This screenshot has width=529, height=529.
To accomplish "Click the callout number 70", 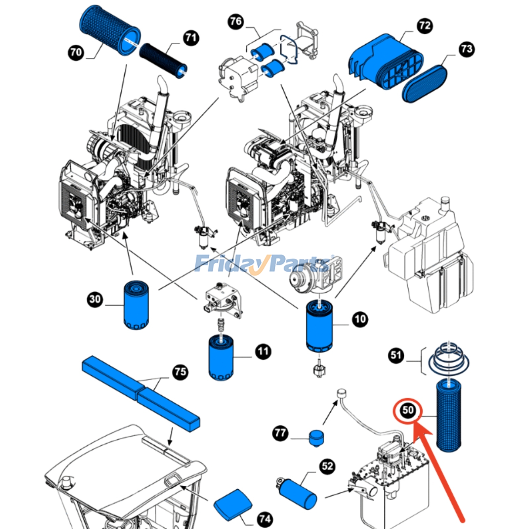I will pos(76,52).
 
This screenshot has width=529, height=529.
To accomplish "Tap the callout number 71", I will pos(191,38).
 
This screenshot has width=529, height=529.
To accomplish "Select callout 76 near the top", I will pos(236,21).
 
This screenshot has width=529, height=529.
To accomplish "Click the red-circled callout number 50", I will pos(408,410).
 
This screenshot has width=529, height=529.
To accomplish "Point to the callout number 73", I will pos(467,49).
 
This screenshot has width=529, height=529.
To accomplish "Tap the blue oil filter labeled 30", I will pos(136,305).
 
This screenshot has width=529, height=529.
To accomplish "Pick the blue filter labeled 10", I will pos(319,326).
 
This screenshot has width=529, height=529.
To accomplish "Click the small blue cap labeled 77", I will pos(316,438).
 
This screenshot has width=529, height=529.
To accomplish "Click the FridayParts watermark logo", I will pos(261,264).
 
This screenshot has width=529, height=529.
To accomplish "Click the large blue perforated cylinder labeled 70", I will pos(110,30).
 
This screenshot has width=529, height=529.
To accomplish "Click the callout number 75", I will pos(180,372).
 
